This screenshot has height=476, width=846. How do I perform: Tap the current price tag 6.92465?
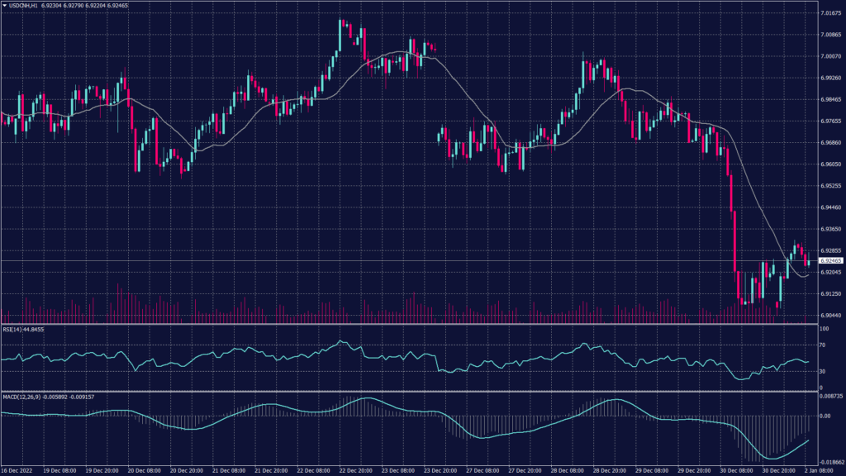tap(829, 260)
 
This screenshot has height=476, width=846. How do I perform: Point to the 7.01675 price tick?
tap(830, 13)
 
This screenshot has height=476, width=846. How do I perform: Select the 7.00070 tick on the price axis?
tap(830, 56)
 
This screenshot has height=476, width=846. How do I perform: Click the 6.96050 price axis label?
tap(830, 164)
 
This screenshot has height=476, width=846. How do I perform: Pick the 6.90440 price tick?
tap(830, 315)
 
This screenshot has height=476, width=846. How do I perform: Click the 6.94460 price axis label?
tap(830, 207)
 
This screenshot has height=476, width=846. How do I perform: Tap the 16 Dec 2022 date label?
tap(16, 470)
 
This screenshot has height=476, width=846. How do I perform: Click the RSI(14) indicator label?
tap(12, 329)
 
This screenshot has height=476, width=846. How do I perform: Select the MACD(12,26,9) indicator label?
tap(21, 397)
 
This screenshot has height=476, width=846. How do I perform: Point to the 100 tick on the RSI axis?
tap(824, 329)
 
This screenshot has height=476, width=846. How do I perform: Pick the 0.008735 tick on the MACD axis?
tap(830, 397)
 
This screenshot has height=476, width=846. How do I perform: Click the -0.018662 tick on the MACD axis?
tap(830, 463)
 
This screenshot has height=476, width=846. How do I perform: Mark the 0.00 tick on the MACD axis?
tap(824, 416)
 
